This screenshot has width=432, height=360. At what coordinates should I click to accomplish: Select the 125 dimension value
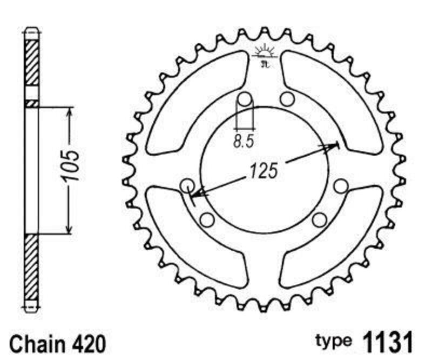263,171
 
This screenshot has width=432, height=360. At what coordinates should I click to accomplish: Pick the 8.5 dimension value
244,143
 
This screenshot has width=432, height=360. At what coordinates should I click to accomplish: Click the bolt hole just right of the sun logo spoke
287,99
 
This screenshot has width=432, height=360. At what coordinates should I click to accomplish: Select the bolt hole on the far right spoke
340,186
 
